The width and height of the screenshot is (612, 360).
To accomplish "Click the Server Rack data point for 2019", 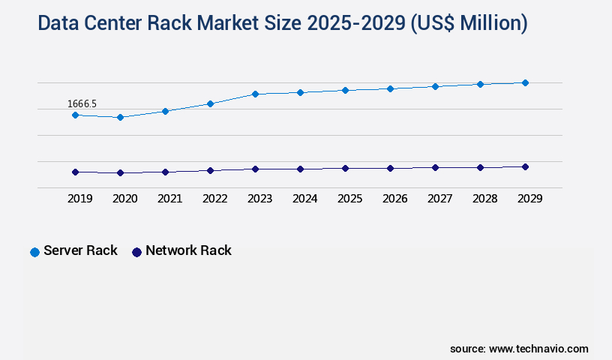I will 75,115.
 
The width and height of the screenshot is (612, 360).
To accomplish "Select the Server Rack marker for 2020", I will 120,117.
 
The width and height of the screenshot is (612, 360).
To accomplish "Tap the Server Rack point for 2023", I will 255,94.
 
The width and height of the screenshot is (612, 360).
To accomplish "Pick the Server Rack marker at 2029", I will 525,82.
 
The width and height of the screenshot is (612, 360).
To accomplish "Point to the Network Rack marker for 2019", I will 75,172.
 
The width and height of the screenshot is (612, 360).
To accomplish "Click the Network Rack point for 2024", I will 300,169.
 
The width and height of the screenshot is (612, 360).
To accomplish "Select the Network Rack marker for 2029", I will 525,166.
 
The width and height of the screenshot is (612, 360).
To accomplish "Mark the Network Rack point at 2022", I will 210,170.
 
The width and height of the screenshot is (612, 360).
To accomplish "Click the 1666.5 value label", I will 82,103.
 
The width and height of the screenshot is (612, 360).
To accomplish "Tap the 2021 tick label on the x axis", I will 169,199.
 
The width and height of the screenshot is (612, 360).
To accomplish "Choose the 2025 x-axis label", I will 349,199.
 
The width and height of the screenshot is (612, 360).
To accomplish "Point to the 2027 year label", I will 439,199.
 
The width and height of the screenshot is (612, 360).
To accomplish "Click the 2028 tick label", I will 484,199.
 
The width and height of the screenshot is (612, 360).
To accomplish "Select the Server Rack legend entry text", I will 80,250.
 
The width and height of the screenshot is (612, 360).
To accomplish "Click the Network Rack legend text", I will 188,250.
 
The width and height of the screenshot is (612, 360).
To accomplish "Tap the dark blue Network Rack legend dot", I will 136,252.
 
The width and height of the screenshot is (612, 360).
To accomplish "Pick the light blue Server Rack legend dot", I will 34,252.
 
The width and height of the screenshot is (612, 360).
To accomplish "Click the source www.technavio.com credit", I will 519,349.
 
